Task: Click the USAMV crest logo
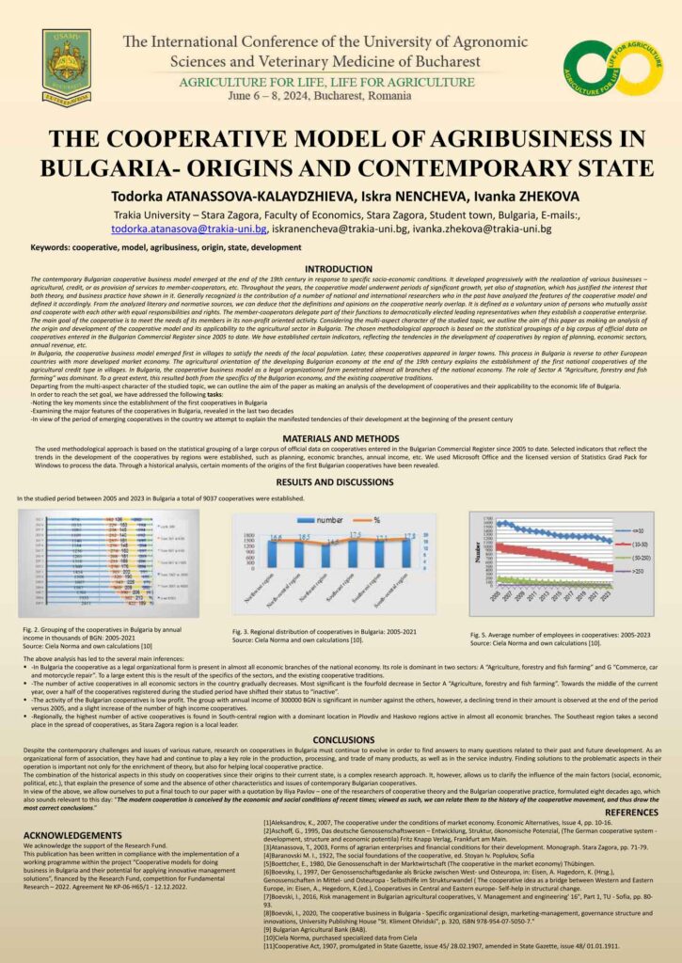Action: pyautogui.click(x=66, y=67)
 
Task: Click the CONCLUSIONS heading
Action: pyautogui.click(x=340, y=739)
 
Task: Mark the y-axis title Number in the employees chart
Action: pyautogui.click(x=477, y=555)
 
